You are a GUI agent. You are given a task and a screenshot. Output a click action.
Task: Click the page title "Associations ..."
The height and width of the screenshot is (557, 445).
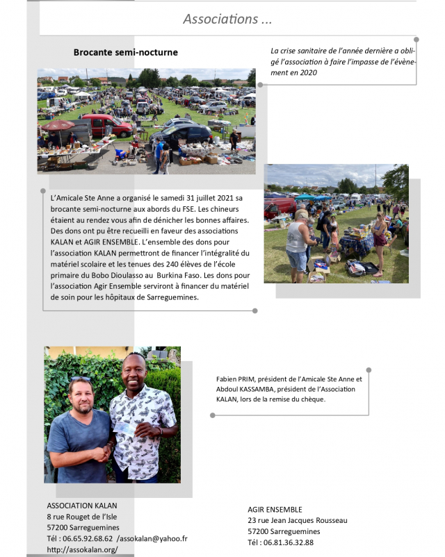(x=227, y=19)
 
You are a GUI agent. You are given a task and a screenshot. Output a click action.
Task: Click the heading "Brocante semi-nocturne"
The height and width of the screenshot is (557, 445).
(x=126, y=52)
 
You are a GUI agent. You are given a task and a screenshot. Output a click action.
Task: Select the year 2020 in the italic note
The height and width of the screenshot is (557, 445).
(x=306, y=72)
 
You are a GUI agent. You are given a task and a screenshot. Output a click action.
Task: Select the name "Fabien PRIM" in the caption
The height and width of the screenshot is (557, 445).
(x=236, y=379)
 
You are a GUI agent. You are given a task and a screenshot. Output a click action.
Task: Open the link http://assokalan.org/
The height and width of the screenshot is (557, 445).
(x=82, y=549)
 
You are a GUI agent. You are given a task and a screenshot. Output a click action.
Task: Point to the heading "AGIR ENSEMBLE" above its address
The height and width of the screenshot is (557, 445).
(x=275, y=509)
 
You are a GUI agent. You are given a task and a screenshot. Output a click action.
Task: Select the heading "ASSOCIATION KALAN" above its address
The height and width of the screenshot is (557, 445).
(x=82, y=505)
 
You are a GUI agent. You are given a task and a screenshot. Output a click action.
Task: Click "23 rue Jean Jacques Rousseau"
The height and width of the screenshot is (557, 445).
(x=297, y=520)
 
